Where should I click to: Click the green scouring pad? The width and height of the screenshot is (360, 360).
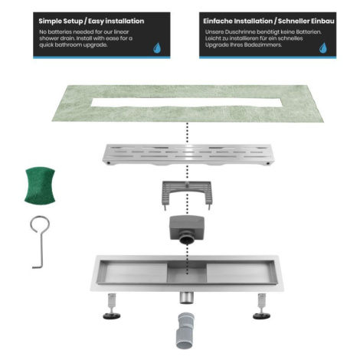[x=40, y=185]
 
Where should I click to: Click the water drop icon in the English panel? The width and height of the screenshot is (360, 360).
[x=157, y=47]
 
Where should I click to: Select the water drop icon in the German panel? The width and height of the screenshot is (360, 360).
[x=323, y=47]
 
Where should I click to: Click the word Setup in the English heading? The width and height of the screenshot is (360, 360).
[x=73, y=21]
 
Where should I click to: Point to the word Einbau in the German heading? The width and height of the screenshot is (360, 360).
[x=322, y=21]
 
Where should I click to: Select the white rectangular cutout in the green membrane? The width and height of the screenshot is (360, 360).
[x=187, y=103]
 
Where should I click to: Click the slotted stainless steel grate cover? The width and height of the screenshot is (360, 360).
[x=187, y=155]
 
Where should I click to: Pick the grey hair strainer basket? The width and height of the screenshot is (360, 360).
[x=187, y=194]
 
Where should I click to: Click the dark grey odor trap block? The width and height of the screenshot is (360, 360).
[x=187, y=229]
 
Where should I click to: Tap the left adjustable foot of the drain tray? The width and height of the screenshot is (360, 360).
[x=112, y=306]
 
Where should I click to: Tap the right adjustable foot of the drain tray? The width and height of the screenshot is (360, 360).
[x=262, y=306]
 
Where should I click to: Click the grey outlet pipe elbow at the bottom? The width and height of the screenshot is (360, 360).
[x=185, y=330]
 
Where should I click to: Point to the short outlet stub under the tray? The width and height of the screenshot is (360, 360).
[x=187, y=298]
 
